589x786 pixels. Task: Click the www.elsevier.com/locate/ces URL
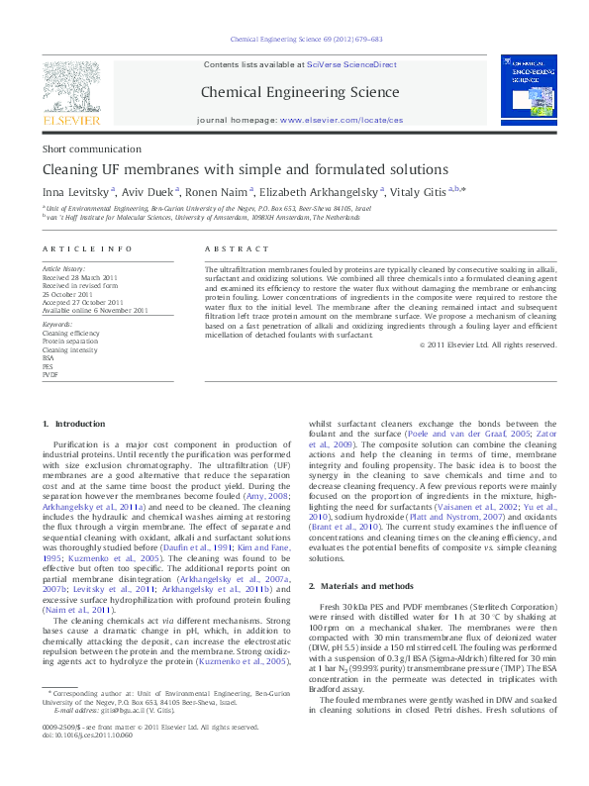(x=342, y=119)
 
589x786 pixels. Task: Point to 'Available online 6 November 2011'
(x=95, y=310)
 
